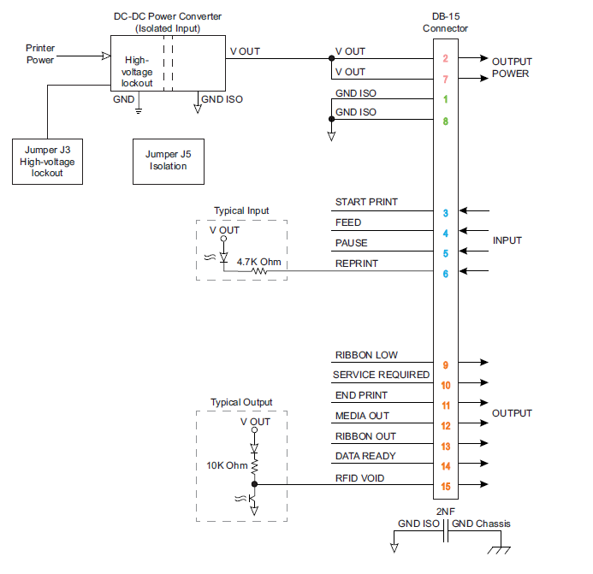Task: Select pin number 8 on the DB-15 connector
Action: pos(446,121)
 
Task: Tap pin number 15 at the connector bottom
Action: pos(446,487)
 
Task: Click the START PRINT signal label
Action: pos(366,203)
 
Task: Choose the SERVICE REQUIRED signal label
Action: pos(381,375)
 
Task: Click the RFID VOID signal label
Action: pos(359,478)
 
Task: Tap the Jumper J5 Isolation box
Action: pos(169,161)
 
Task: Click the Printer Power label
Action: pos(40,54)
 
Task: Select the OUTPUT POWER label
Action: pos(511,68)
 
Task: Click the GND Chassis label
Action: pos(482,524)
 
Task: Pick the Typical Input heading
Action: pos(241,210)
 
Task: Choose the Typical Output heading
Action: pos(241,402)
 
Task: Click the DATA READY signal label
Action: pos(365,456)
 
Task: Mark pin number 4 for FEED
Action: pos(446,232)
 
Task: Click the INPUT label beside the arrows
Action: pos(507,240)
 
